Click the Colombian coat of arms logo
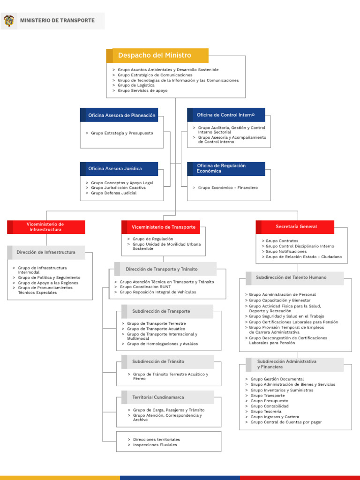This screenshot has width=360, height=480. pos(9,21)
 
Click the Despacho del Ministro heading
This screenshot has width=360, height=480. pos(155,55)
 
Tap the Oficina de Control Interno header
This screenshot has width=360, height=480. pos(225,115)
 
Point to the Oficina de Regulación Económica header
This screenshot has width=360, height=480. pos(221,169)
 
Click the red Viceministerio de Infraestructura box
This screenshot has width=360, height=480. pos(45,227)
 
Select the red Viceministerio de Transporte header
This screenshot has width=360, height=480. pos(163,227)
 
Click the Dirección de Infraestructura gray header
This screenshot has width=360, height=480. pos(46,252)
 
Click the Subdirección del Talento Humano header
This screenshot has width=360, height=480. pos(291,277)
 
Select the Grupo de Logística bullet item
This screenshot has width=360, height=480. pos(136,85)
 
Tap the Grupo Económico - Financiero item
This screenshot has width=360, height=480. pos(228,188)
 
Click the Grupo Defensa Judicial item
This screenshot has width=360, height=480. pos(114,193)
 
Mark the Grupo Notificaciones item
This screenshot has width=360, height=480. pos(286,251)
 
